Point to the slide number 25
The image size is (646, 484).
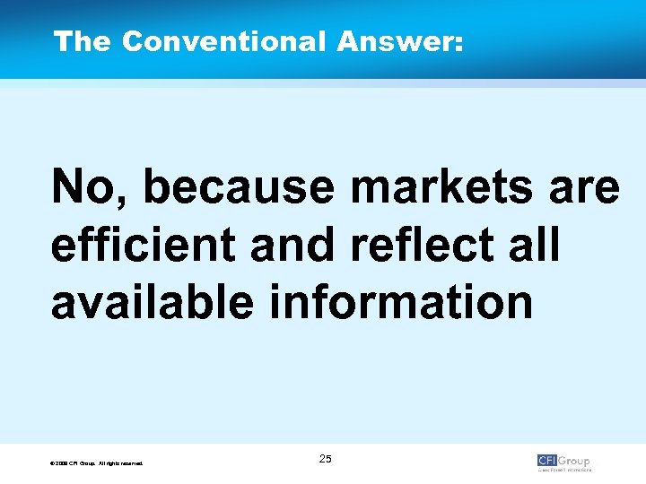click(x=325, y=459)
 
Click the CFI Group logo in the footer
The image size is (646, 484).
click(x=564, y=462)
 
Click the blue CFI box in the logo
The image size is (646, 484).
click(x=547, y=461)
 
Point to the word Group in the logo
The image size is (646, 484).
click(x=575, y=461)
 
